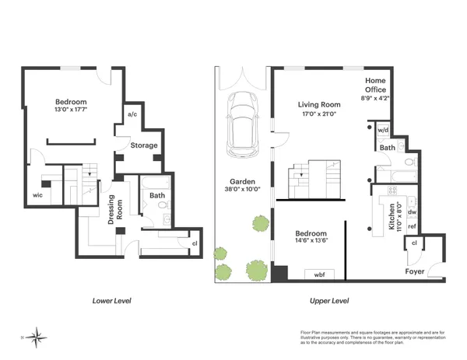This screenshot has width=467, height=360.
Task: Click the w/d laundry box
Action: coord(382,130)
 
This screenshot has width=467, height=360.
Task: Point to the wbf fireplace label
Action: coord(319,274)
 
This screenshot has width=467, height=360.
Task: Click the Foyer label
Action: coord(415,272)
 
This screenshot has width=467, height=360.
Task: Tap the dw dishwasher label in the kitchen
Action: coord(412,210)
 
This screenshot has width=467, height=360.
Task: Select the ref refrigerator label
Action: coord(412,226)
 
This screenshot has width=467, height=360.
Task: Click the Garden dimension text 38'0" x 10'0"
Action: coord(241,189)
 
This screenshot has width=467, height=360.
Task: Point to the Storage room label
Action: coord(144,145)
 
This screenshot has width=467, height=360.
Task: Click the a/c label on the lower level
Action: coord(132,115)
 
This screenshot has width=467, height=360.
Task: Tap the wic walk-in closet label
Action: coord(37,195)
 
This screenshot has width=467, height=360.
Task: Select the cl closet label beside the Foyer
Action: coord(414,243)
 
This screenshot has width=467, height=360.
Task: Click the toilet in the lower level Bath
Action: coord(163,206)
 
